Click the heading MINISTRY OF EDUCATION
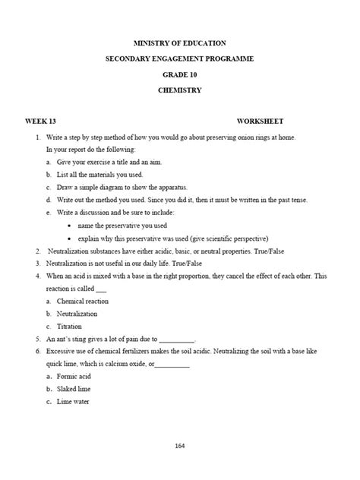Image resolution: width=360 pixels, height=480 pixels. [179, 45]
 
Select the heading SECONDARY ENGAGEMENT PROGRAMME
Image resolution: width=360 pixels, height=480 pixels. [179, 59]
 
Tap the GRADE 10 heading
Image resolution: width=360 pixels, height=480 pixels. [179, 74]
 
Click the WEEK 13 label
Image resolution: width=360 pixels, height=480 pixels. [40, 122]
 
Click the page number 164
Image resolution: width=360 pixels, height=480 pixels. [180, 446]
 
